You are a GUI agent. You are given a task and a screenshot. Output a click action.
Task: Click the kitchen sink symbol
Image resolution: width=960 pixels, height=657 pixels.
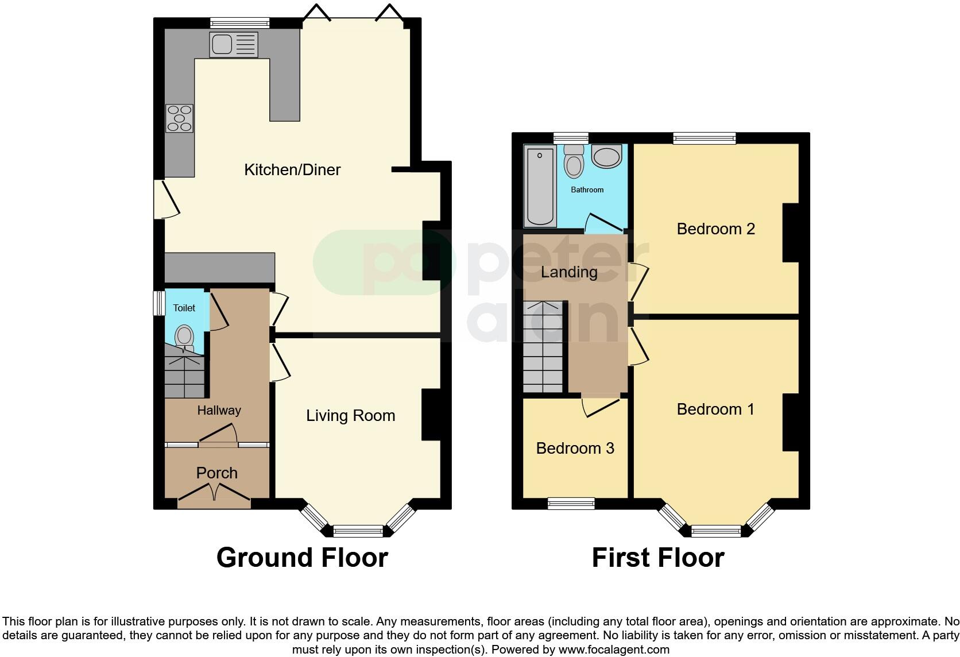pos(234,44)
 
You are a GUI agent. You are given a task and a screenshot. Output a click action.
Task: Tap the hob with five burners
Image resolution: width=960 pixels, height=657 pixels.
pos(180,118)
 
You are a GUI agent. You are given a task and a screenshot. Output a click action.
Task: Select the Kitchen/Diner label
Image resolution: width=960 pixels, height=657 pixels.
pos(292,170)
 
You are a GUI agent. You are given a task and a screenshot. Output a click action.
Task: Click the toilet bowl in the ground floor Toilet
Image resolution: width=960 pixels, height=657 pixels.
pos(184,337)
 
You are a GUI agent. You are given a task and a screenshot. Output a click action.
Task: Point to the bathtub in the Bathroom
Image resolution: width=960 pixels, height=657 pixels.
pos(540,185)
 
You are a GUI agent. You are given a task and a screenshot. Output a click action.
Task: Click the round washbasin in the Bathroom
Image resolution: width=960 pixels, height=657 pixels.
pos(606,157)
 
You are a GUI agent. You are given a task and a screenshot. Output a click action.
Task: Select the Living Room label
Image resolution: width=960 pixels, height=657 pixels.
pos(350,416)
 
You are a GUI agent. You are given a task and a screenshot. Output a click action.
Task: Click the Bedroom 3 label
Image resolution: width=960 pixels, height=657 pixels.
pos(575,449)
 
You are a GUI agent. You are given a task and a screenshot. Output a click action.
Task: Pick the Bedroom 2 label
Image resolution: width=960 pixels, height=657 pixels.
pos(715,229)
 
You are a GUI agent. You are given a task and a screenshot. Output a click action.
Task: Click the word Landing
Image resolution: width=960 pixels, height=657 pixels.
pos(569,272)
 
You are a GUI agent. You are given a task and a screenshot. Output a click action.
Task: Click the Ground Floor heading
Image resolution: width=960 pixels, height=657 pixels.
pos(302,558)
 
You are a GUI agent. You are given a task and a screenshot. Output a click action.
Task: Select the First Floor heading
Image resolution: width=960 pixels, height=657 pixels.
pos(658,558)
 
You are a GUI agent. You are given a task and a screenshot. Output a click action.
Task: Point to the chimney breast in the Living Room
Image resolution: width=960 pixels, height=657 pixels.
pos(431,415)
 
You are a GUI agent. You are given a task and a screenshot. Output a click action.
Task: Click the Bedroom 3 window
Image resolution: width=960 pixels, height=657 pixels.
pos(571,504)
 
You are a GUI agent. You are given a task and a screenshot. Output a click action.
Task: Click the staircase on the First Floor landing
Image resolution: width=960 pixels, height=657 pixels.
pos(543,347)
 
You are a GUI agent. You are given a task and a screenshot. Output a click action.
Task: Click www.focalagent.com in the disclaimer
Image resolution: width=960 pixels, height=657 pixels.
pos(614,650)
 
